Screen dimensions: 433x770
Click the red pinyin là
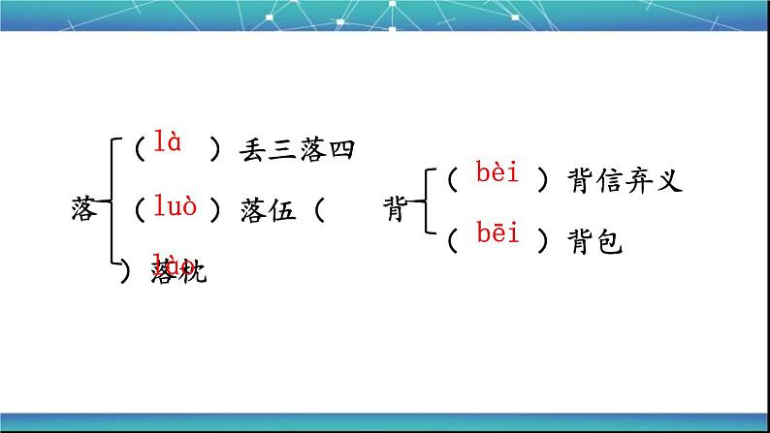click(x=168, y=144)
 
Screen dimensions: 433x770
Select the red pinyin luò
click(x=175, y=205)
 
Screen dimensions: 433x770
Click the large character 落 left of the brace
click(x=84, y=208)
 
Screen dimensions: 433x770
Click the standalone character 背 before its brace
click(x=396, y=209)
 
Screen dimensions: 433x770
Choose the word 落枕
click(x=179, y=272)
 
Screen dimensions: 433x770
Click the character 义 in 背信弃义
click(x=671, y=180)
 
